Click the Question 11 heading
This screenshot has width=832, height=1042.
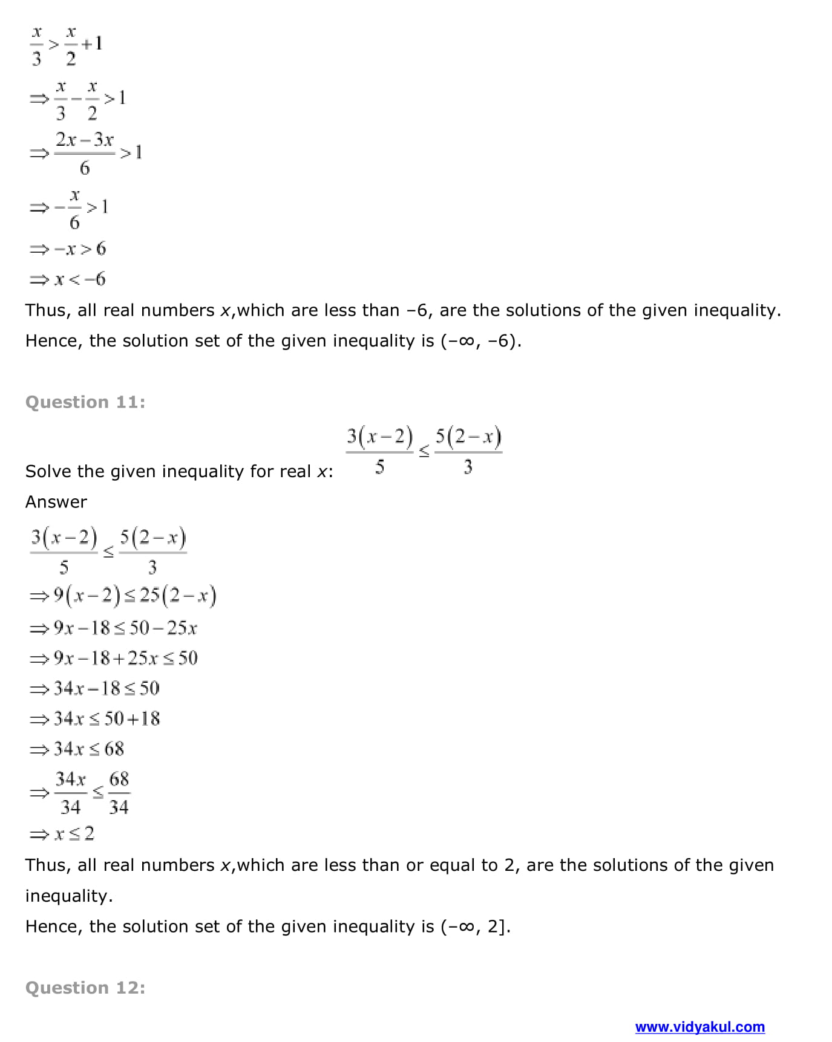click(x=85, y=402)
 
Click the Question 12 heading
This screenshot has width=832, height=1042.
click(x=85, y=988)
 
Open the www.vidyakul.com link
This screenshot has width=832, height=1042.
click(x=699, y=1026)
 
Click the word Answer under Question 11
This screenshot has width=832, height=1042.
click(x=56, y=502)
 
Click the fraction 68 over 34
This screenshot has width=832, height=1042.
click(x=119, y=793)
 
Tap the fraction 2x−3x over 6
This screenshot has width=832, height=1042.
click(x=84, y=153)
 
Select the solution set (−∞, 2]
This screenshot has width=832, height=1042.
click(x=475, y=926)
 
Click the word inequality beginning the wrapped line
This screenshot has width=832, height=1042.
click(x=69, y=896)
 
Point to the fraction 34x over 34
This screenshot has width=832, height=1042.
click(x=71, y=793)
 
